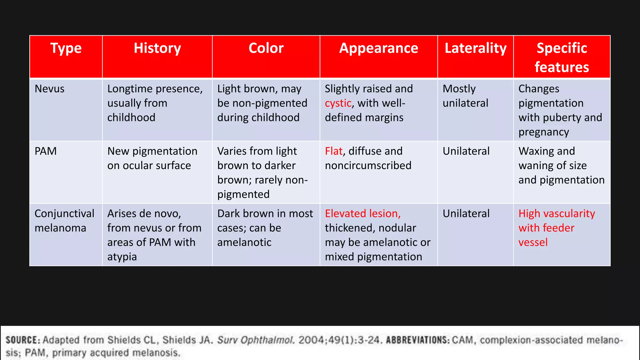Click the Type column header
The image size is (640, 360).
click(66, 48)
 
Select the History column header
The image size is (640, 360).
click(157, 48)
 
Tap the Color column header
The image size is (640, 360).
click(266, 48)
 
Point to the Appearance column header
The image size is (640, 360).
click(378, 48)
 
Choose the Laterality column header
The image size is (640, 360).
click(475, 48)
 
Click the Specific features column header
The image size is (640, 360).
click(562, 57)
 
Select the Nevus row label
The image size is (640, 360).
click(50, 89)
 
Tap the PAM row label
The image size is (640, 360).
click(46, 151)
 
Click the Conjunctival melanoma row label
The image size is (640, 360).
click(64, 221)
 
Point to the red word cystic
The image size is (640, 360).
click(338, 103)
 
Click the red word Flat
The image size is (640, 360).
click(333, 151)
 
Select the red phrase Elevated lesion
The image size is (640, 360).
click(362, 213)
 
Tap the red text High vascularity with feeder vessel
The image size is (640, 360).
click(556, 228)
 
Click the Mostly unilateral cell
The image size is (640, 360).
click(465, 96)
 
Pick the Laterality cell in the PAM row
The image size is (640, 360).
click(466, 151)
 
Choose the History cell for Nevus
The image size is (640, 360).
click(155, 103)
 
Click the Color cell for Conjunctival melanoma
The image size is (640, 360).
click(265, 228)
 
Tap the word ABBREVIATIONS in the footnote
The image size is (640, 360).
click(417, 340)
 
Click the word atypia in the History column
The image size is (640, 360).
click(122, 257)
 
